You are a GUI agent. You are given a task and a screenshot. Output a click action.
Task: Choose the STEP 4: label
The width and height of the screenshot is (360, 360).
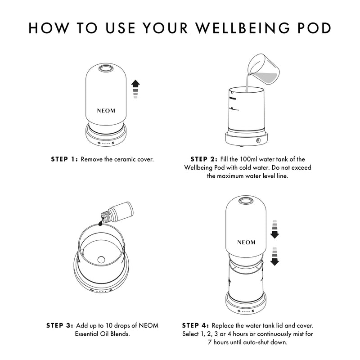point(196,325)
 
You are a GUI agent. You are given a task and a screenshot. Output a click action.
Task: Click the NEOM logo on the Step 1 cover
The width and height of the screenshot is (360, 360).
point(107,109)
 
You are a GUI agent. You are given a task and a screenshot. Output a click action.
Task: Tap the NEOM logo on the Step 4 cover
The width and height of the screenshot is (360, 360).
point(246,242)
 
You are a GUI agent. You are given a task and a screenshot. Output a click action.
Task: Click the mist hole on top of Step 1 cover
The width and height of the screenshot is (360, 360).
point(107,69)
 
